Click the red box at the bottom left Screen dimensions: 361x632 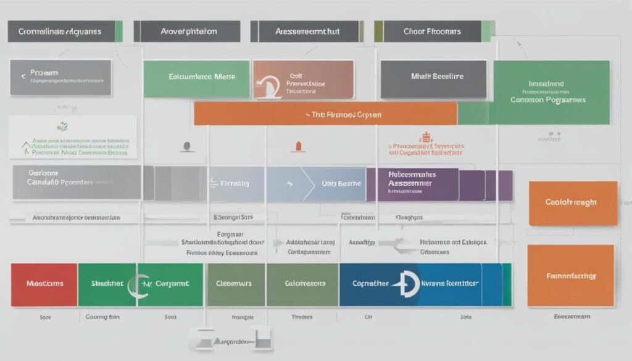point(44,284)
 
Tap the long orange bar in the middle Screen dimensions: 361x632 point(325,114)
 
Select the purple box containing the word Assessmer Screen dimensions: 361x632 point(412,184)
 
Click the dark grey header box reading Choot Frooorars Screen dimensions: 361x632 point(431,31)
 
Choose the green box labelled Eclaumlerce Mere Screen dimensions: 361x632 point(197,78)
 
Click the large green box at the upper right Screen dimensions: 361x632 point(551,92)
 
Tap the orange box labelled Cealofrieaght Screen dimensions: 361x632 point(572,203)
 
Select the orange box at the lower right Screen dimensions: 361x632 point(570,276)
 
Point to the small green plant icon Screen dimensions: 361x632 point(62,126)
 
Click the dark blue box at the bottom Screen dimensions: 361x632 point(410,284)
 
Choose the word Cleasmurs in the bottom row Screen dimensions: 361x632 point(234,284)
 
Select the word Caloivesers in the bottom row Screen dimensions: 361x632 point(304,284)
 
